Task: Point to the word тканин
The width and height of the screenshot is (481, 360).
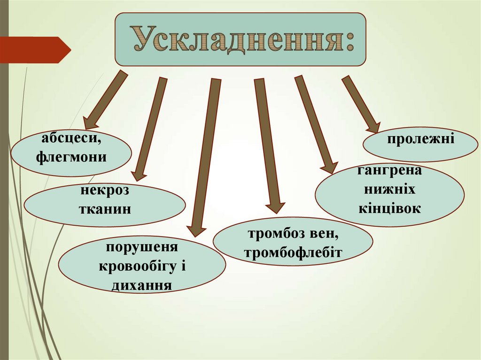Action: pos(105,208)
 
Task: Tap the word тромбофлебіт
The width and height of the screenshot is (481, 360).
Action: pos(293,253)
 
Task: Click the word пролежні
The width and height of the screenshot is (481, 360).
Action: pos(420,139)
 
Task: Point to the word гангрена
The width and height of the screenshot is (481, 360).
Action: pos(389,170)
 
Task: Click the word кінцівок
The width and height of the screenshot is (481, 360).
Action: pos(390,207)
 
